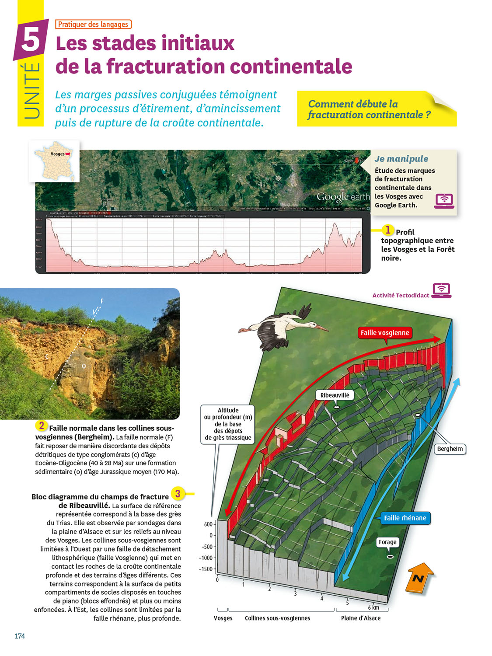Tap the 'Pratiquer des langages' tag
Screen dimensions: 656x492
93,24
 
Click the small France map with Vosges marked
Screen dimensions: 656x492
55,161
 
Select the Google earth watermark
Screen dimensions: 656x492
343,197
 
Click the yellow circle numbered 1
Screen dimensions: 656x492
387,230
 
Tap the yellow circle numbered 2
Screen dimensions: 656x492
41,426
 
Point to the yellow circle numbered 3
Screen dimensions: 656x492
178,494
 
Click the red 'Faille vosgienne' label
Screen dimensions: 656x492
385,333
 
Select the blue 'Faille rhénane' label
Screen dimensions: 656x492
405,518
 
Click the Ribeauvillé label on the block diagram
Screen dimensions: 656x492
335,395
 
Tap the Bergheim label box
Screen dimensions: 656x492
450,449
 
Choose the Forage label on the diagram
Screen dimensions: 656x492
387,542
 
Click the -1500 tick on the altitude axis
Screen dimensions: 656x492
206,569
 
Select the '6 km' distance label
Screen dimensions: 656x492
373,607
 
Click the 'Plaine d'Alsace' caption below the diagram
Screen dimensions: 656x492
361,618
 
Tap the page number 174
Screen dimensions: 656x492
20,636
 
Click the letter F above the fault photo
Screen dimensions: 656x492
102,301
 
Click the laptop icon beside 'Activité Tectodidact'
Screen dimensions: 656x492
441,290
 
